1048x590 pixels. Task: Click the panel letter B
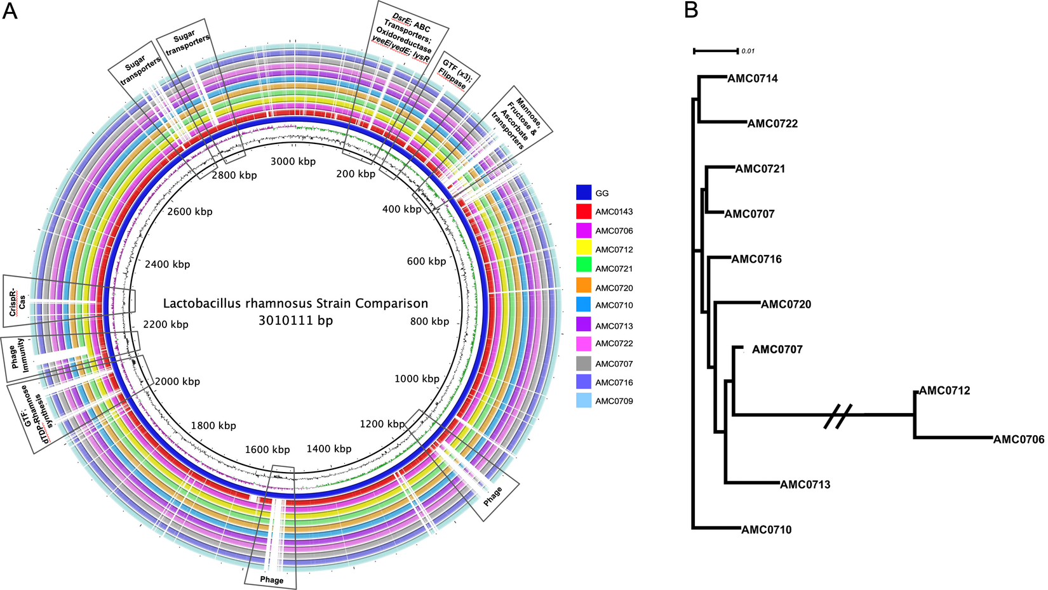point(692,11)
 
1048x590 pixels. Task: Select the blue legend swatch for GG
point(584,192)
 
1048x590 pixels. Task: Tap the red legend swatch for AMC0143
point(584,211)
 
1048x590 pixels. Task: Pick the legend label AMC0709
point(614,401)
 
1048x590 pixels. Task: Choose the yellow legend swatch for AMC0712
point(584,249)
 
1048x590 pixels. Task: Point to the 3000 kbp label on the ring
point(293,161)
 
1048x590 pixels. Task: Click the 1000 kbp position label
point(417,379)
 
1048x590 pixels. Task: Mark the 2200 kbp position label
point(166,324)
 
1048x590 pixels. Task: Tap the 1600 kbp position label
point(267,449)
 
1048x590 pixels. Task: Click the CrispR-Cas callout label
point(18,301)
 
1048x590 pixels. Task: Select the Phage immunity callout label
point(18,353)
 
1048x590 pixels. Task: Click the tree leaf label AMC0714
point(752,79)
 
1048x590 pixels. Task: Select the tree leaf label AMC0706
point(1018,439)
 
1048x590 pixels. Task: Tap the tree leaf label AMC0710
point(766,530)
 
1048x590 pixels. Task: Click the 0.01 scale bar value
point(748,51)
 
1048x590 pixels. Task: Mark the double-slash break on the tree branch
point(837,416)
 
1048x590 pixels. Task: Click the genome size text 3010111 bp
point(295,320)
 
